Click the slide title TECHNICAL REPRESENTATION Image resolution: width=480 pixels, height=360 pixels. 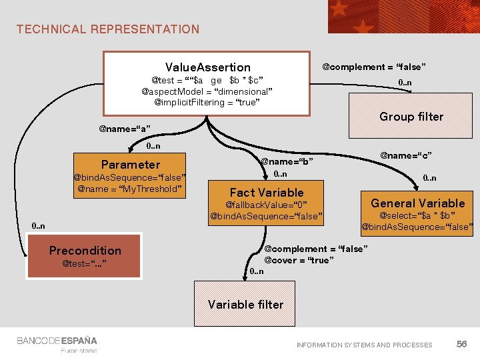point(108,29)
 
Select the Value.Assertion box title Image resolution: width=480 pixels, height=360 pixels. point(207,67)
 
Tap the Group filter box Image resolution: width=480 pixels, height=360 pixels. point(411,117)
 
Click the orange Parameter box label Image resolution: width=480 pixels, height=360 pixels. point(131,164)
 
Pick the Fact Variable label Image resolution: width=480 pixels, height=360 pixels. point(266,192)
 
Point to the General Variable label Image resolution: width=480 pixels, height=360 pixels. point(418,203)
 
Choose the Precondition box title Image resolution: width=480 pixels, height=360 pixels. point(85,251)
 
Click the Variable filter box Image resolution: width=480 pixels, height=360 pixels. point(245,305)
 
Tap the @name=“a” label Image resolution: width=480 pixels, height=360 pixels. point(125,128)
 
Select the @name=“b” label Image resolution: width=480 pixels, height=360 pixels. point(287,161)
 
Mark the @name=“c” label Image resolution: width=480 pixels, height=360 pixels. point(406,155)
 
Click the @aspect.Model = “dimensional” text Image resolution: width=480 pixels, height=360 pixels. point(207,91)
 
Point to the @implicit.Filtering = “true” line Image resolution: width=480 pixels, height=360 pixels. point(207,103)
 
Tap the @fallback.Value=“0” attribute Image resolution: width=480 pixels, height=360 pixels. point(266,205)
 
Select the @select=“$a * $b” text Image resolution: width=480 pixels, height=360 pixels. point(417,215)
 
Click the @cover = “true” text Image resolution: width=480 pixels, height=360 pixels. point(297,260)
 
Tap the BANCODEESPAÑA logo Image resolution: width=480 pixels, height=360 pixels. point(57,341)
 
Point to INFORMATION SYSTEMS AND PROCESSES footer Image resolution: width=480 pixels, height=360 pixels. point(364,345)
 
